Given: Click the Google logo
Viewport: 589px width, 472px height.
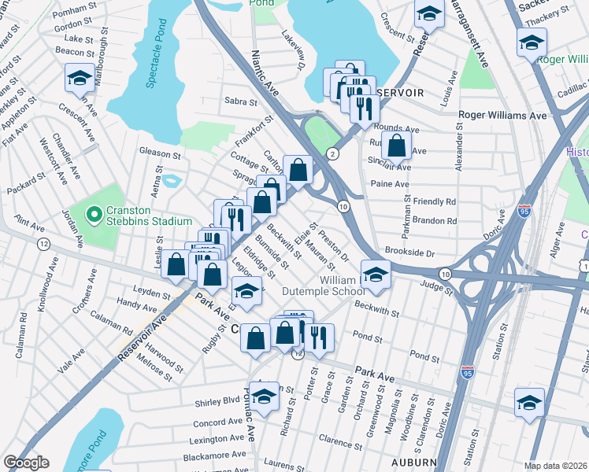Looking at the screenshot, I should tap(26, 463).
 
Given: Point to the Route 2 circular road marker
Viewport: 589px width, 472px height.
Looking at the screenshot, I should tap(333, 154).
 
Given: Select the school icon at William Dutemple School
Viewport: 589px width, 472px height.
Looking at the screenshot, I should tap(376, 275).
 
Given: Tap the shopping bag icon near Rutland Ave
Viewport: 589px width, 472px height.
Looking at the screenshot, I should tap(396, 146).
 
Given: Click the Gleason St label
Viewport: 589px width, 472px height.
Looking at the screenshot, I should tap(159, 153).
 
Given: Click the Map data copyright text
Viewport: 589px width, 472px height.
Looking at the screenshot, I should tap(555, 466).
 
